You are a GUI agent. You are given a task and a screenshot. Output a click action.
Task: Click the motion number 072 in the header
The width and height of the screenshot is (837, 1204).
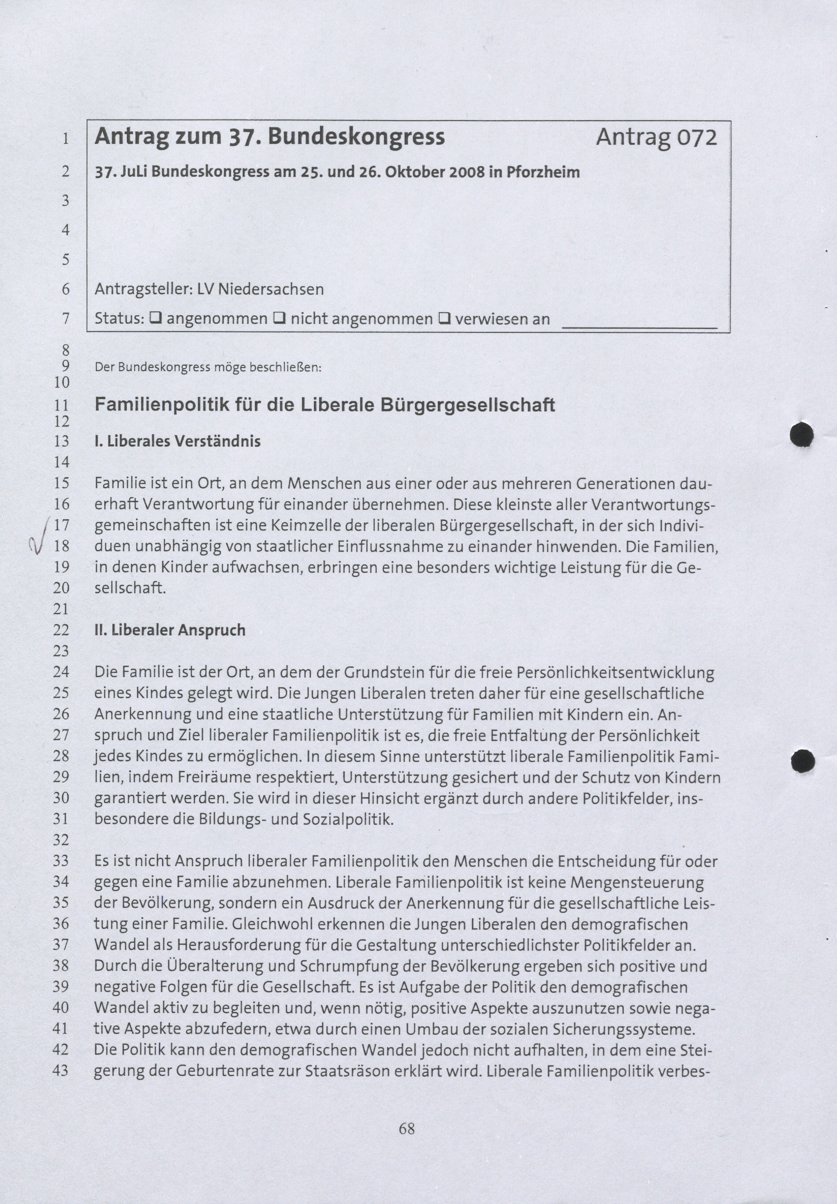697,137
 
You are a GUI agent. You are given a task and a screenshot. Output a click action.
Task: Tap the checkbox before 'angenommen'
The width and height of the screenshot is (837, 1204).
155,318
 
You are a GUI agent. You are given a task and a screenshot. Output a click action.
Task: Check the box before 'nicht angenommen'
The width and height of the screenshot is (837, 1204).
279,318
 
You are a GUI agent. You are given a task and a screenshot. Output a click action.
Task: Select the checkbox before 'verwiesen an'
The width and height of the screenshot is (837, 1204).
444,318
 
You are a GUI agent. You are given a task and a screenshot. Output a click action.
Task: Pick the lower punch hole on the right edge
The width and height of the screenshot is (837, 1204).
803,761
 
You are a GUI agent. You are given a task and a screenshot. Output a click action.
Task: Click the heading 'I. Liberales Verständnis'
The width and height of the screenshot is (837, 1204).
178,442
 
